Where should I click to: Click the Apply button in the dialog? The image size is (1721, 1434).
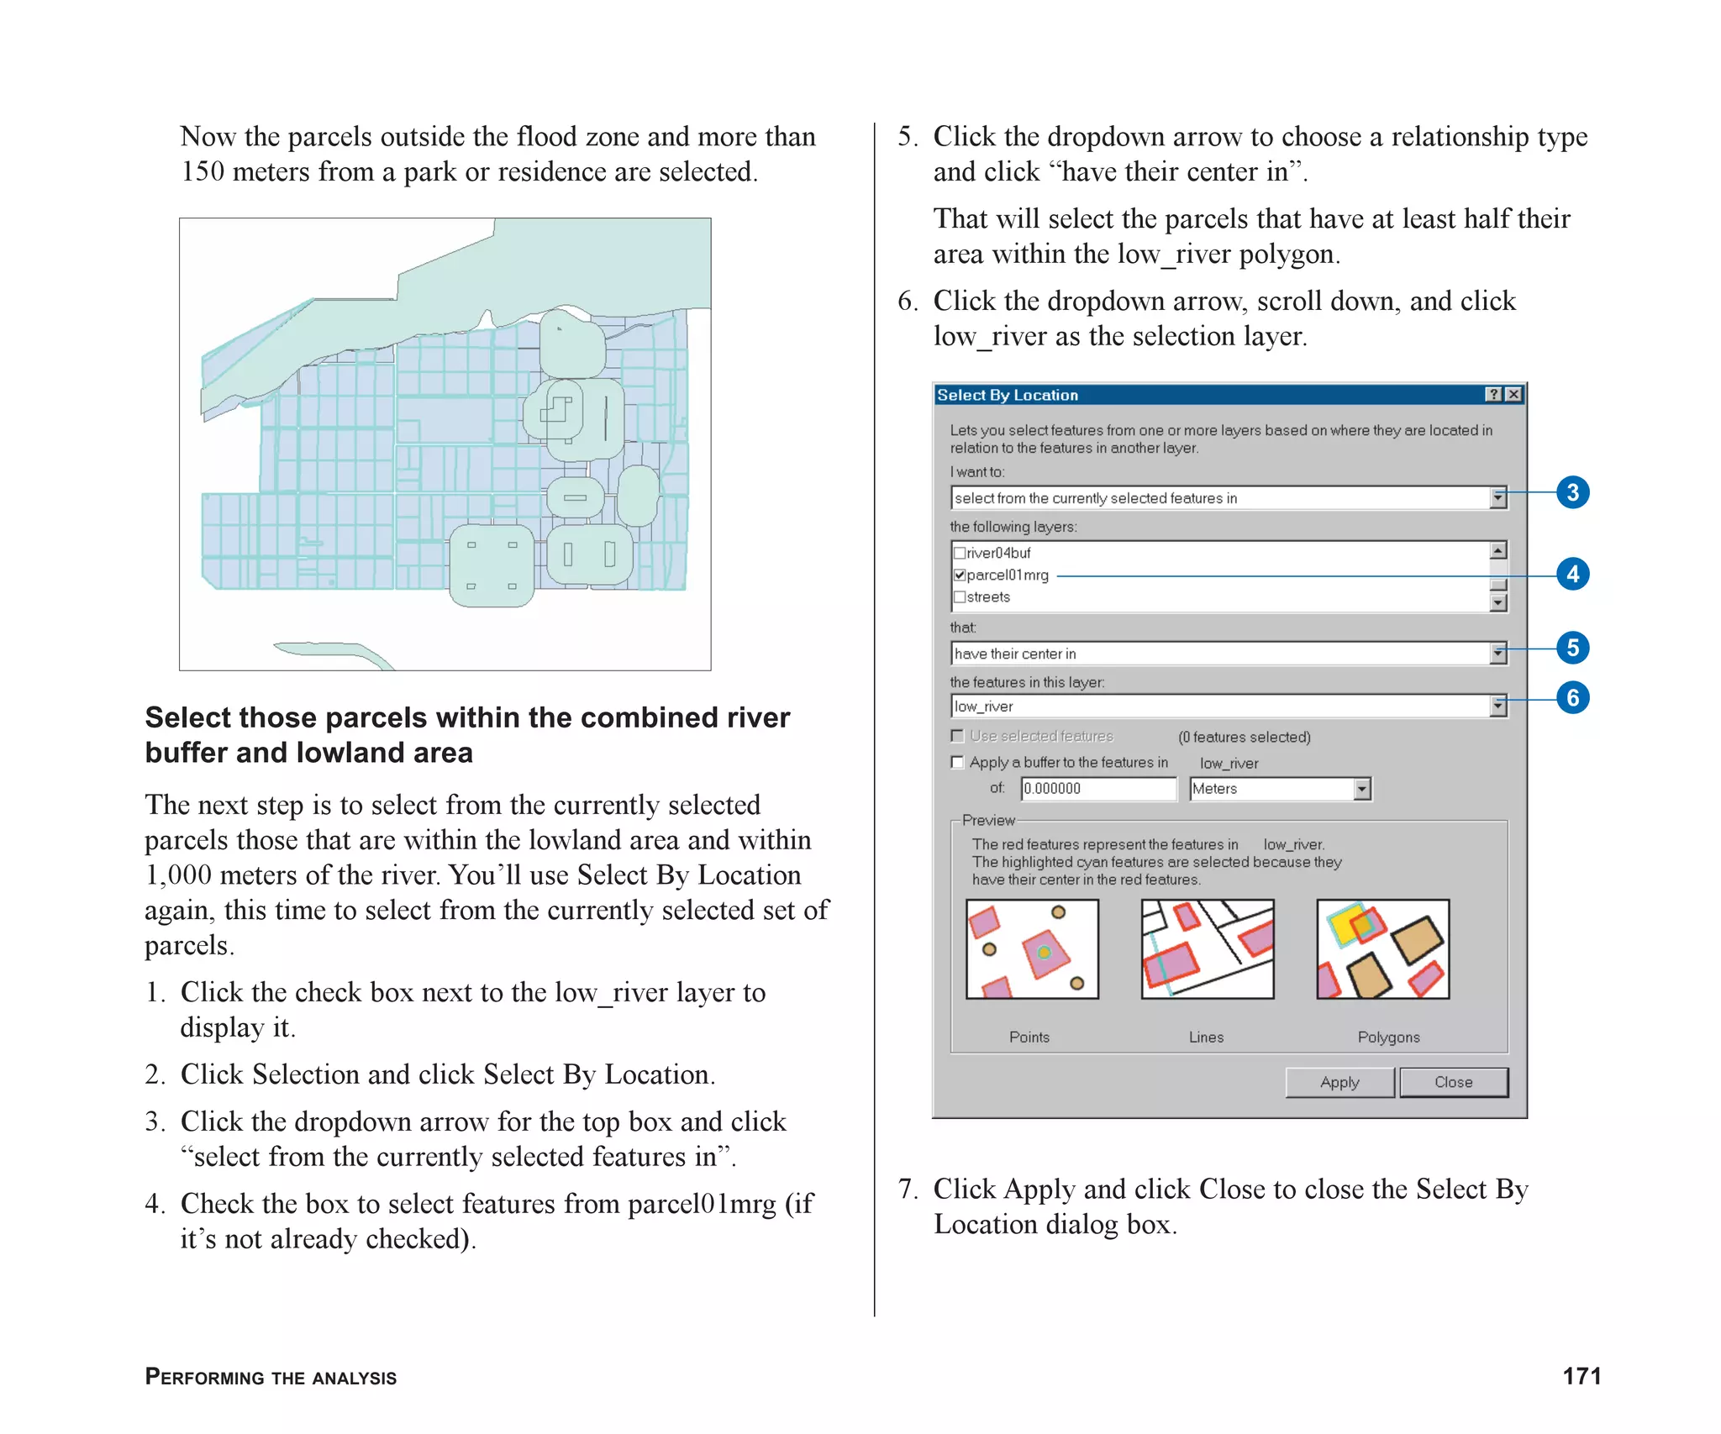tap(1339, 1082)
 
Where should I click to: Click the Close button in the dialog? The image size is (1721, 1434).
tap(1453, 1082)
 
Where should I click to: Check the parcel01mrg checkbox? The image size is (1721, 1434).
tap(959, 575)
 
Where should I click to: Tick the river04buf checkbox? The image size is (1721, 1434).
tap(959, 553)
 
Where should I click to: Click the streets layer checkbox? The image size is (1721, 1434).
tap(959, 597)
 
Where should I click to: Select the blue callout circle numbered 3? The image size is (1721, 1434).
tap(1572, 492)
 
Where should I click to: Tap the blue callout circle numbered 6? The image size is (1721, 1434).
tap(1572, 697)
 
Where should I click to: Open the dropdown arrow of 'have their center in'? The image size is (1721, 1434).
tap(1497, 654)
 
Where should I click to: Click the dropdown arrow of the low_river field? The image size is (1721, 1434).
tap(1497, 706)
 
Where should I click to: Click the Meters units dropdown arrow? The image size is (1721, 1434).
tap(1361, 789)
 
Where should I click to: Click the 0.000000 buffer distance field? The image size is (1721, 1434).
tap(1097, 789)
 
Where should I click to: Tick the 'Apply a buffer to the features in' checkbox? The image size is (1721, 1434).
tap(957, 762)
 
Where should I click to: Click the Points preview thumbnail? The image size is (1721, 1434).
tap(1032, 949)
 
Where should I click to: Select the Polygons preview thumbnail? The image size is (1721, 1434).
tap(1382, 949)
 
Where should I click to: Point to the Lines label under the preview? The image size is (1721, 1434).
tap(1206, 1037)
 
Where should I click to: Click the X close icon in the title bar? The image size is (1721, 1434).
tap(1513, 395)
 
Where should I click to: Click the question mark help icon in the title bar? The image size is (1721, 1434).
tap(1493, 395)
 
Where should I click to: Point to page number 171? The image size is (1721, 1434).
tap(1582, 1376)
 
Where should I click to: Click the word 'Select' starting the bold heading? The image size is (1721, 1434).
tap(187, 717)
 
